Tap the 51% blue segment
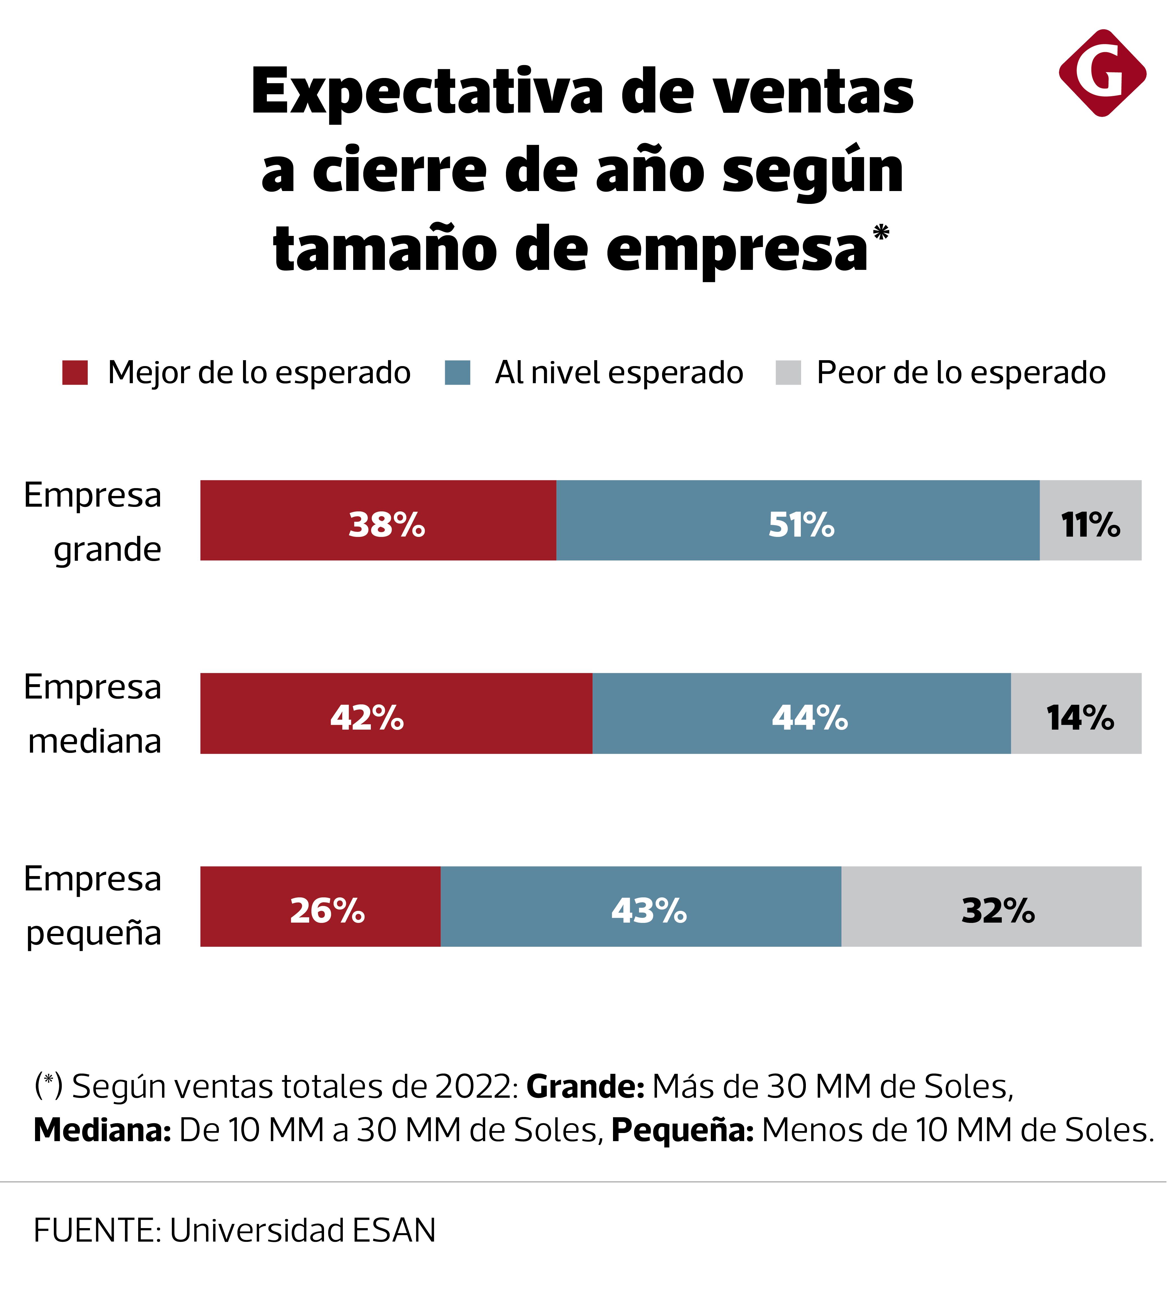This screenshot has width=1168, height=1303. (798, 520)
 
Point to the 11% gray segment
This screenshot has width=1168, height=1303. (1090, 520)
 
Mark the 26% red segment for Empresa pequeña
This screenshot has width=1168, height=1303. (320, 906)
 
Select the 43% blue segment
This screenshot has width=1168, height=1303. (641, 906)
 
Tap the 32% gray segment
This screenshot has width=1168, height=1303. (991, 906)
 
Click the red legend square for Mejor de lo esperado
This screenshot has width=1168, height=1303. (75, 373)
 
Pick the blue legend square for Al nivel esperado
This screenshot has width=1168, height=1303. (457, 373)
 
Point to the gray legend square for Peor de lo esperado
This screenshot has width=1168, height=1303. (788, 373)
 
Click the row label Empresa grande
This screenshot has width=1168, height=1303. (93, 521)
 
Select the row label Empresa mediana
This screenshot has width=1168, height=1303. (93, 713)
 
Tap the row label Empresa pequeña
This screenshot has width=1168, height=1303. (93, 906)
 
